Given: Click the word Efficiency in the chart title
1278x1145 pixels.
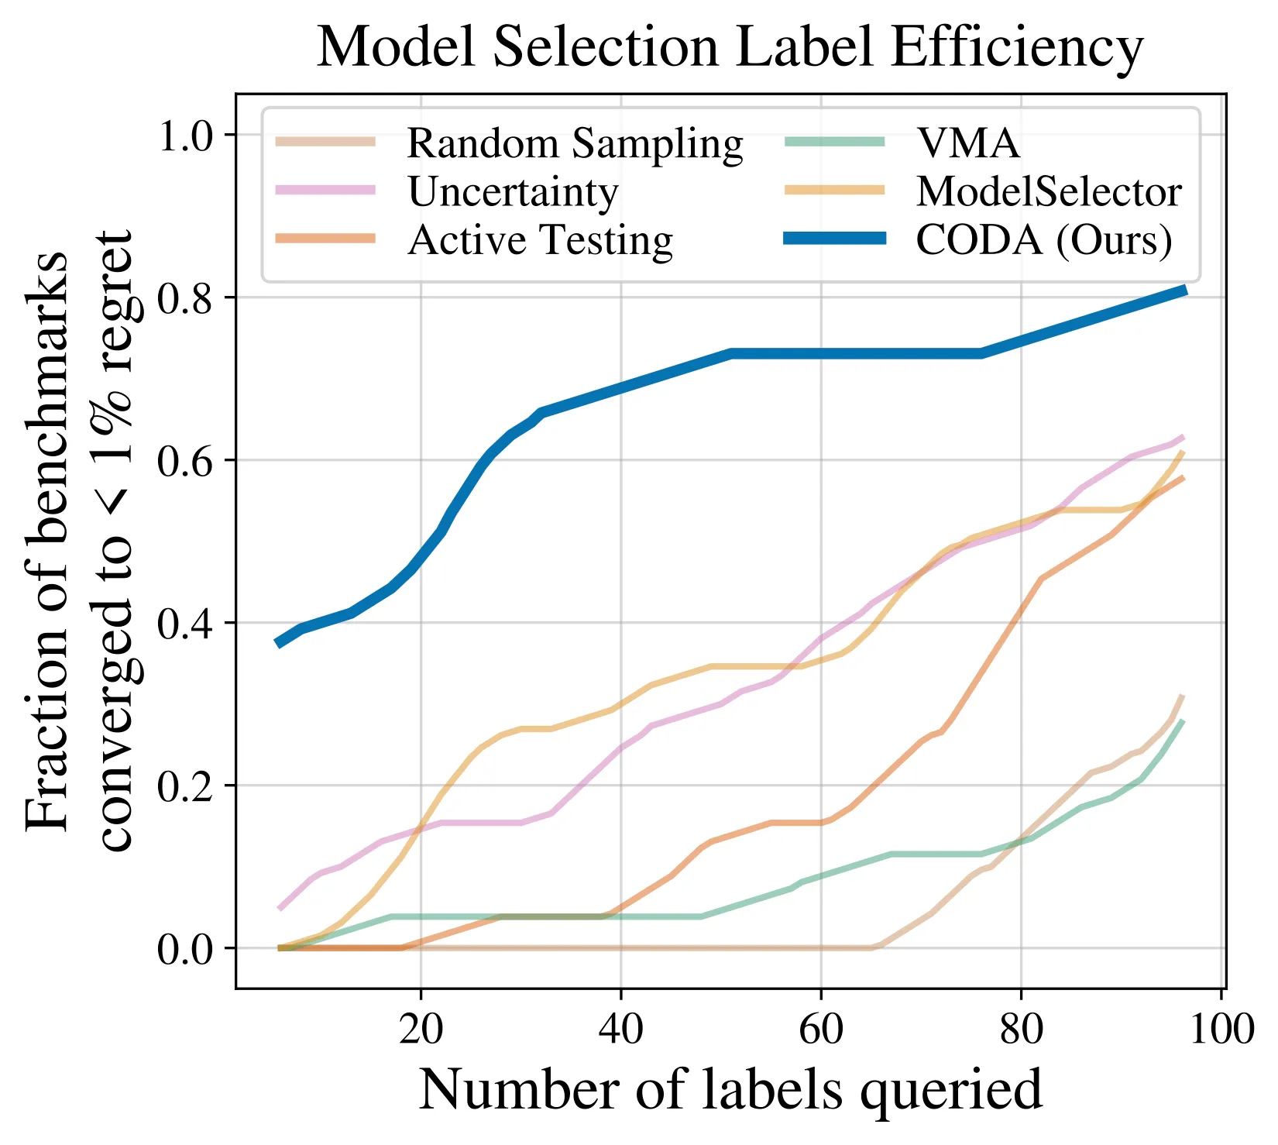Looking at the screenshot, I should pos(1015,48).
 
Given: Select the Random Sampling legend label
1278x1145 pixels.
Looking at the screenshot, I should pos(575,144).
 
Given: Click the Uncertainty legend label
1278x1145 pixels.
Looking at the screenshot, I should pos(513,192).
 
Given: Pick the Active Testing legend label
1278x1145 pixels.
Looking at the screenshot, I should pos(540,240).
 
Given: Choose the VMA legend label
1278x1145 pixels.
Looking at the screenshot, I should pos(967,144).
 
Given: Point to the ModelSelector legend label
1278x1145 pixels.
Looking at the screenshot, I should pos(1049,192).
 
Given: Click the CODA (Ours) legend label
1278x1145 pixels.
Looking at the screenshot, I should pos(1044,240).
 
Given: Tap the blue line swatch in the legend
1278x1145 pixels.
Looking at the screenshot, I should pos(834,240).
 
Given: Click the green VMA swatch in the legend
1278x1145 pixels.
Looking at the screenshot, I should pos(834,143).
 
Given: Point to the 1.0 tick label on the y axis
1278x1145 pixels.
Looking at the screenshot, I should pos(185,136).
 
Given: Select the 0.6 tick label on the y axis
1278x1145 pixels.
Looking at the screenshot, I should pos(185,461).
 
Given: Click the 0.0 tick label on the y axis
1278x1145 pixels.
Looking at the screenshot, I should pos(185,949).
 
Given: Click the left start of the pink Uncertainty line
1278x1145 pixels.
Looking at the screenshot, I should pos(280,907).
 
